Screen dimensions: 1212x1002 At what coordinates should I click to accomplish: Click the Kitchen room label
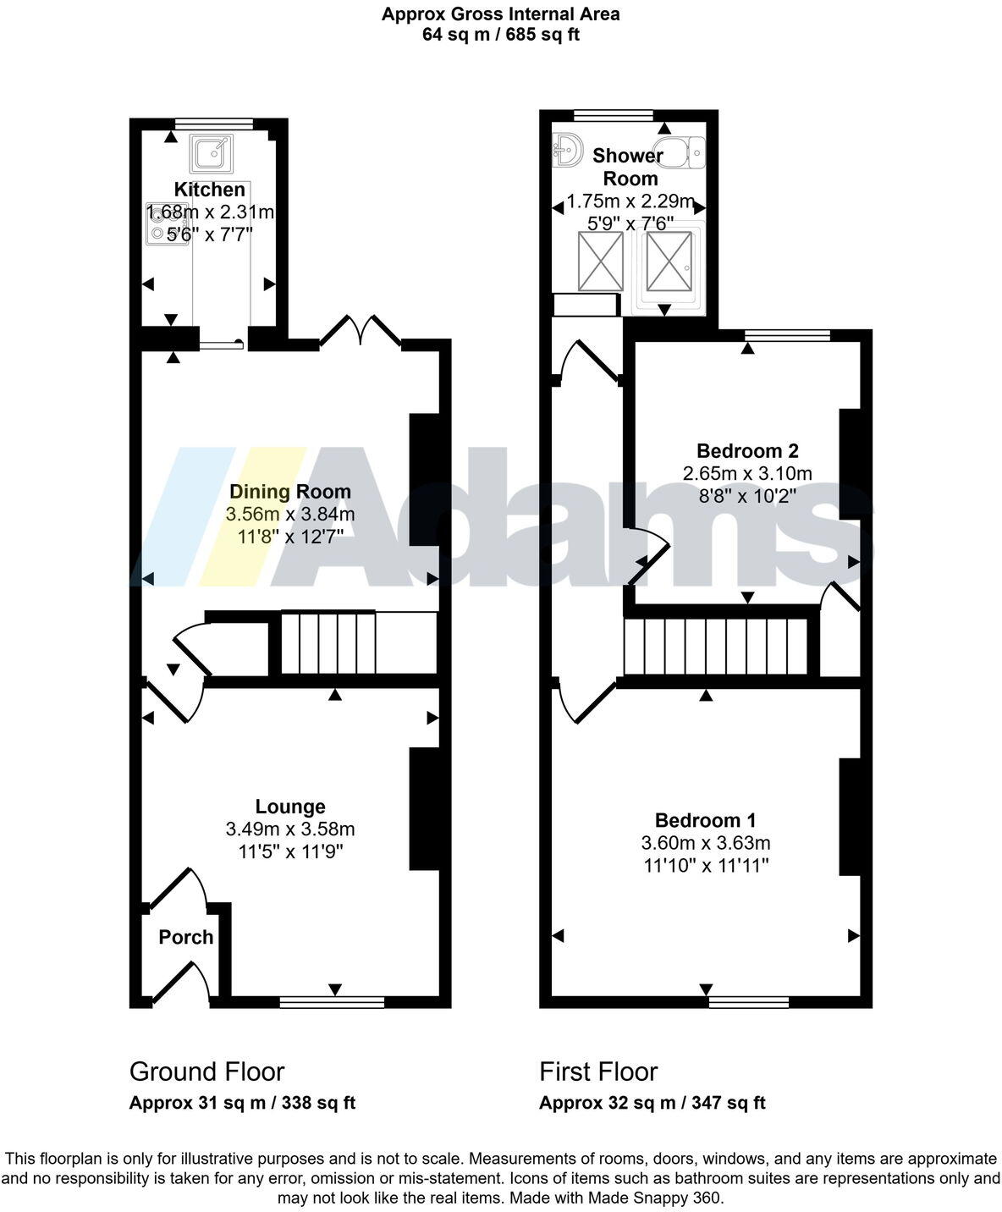(209, 190)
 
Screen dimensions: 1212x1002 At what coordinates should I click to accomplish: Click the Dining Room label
(289, 492)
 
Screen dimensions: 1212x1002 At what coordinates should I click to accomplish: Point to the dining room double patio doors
(361, 331)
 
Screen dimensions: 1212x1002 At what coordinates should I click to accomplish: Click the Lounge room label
(290, 807)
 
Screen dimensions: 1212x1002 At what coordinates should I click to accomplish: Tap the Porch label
(186, 937)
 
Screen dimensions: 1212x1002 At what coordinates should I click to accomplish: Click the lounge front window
(332, 1002)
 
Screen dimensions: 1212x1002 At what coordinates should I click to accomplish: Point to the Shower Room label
(629, 167)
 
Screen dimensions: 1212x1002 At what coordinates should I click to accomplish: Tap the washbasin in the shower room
(567, 151)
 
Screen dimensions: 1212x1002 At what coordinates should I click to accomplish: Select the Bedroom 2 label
(746, 451)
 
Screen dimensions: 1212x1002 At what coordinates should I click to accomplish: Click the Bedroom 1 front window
(748, 1002)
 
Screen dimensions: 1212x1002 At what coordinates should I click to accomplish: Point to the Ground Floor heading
(206, 1072)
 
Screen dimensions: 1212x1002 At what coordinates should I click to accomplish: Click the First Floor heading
(598, 1072)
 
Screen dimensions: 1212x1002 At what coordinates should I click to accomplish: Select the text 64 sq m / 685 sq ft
(500, 35)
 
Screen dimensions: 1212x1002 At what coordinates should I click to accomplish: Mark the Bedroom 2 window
(787, 335)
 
